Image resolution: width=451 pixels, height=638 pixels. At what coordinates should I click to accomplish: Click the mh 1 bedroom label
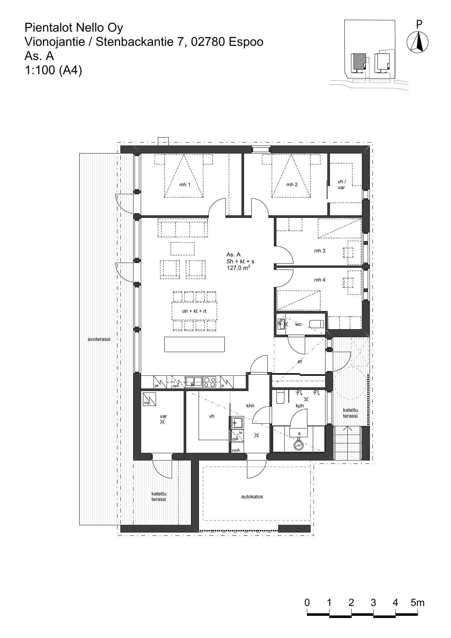[x=185, y=184]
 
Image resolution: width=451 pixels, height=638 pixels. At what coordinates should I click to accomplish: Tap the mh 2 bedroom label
[x=292, y=184]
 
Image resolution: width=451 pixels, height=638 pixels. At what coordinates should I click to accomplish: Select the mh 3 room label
[x=320, y=251]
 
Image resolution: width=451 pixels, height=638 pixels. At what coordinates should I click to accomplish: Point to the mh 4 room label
[x=320, y=280]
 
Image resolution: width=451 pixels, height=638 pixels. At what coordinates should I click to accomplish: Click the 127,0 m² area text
[x=238, y=268]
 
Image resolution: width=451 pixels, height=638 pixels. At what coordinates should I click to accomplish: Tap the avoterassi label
[x=99, y=339]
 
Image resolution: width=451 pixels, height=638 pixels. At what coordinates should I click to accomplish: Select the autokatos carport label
[x=252, y=497]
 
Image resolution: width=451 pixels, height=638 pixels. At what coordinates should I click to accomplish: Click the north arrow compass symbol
[x=418, y=42]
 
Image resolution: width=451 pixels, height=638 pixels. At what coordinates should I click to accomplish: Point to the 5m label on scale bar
[x=418, y=602]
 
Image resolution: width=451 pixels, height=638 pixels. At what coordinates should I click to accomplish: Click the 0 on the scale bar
[x=307, y=602]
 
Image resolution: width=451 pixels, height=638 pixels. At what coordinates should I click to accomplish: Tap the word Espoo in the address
[x=246, y=42]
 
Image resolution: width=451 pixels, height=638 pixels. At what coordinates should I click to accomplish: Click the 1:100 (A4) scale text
[x=53, y=70]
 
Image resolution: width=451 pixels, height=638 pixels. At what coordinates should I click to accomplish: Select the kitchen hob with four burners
[x=209, y=382]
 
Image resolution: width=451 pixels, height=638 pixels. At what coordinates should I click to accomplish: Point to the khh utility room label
[x=250, y=406]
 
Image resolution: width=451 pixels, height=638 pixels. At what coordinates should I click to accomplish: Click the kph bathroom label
[x=300, y=406]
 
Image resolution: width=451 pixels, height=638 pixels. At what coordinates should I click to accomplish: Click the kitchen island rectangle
[x=195, y=344]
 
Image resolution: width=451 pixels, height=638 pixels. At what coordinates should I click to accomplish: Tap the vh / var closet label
[x=341, y=184]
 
